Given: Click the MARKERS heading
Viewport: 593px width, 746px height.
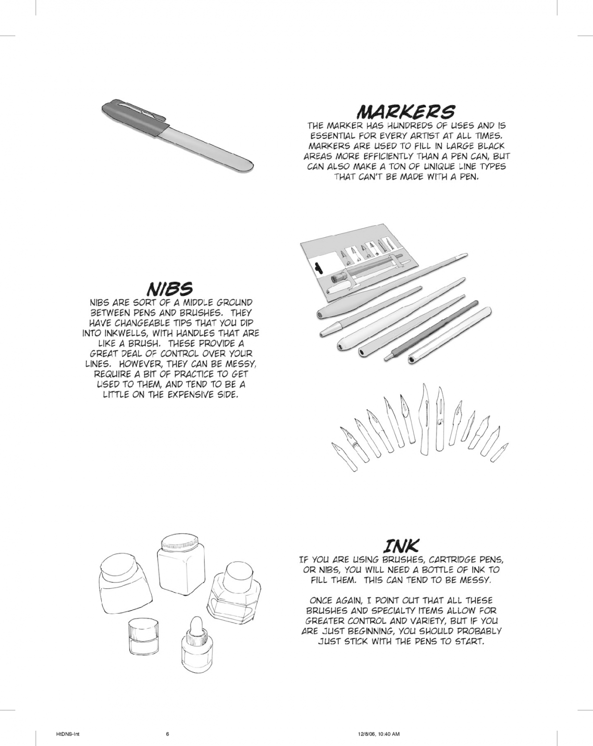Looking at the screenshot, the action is tap(405, 112).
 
